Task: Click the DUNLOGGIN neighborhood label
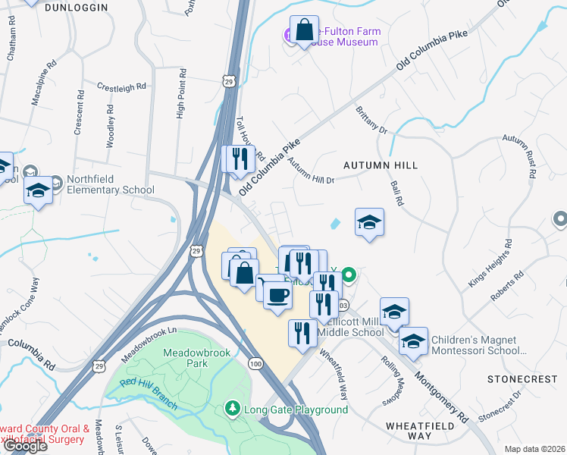pyautogui.click(x=76, y=7)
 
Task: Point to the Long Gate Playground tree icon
pyautogui.click(x=233, y=409)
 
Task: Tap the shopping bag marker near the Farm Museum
pyautogui.click(x=304, y=32)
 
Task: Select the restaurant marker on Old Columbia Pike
pyautogui.click(x=240, y=159)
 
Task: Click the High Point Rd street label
pyautogui.click(x=181, y=94)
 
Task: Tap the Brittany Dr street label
pyautogui.click(x=371, y=120)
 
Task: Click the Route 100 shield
pyautogui.click(x=255, y=366)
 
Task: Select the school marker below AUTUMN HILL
pyautogui.click(x=369, y=222)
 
